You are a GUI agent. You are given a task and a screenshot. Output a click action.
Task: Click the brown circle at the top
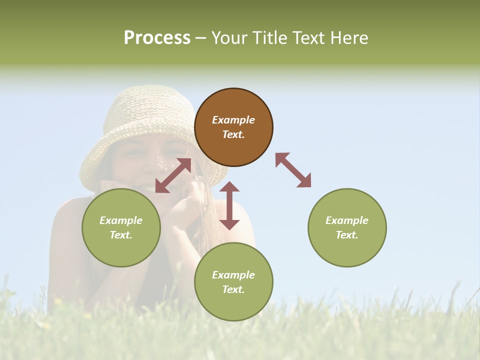[x=233, y=127]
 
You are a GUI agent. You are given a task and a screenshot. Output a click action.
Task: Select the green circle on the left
[x=121, y=227]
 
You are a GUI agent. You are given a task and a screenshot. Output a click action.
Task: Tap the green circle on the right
[x=347, y=227]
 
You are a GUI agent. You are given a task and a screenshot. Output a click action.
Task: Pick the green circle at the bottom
[x=233, y=282]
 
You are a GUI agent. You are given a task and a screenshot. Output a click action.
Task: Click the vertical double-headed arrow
[x=229, y=206]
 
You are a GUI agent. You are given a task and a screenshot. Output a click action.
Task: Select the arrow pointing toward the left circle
[x=173, y=175]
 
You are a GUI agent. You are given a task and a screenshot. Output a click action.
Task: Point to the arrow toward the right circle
[x=293, y=170]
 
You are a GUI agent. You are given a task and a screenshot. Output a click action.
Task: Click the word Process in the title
[x=157, y=37]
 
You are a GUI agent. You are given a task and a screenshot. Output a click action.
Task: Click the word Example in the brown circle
[x=233, y=120]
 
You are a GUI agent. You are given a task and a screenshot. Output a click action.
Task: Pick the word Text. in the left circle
[x=121, y=235]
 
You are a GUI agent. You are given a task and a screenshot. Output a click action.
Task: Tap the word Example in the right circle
[x=347, y=220]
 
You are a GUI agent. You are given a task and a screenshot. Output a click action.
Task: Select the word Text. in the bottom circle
[x=233, y=289]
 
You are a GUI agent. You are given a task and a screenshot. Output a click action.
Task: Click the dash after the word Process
[x=201, y=38]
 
